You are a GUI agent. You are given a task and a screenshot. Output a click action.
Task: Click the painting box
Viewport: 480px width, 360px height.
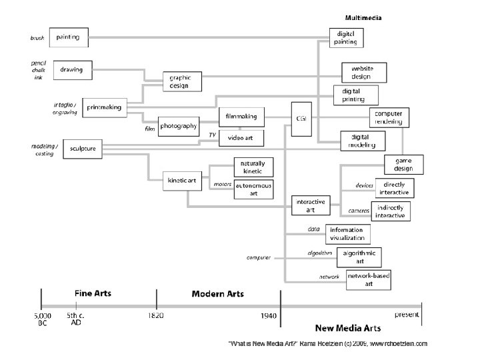pos(69,37)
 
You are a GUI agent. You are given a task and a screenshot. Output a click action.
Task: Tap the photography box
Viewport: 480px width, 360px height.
pos(179,126)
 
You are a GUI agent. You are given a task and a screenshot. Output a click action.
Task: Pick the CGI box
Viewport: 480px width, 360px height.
pos(301,118)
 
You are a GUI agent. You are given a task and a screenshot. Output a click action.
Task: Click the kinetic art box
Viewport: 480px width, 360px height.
pos(181,181)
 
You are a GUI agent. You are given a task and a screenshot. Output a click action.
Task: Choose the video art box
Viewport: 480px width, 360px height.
pos(241,138)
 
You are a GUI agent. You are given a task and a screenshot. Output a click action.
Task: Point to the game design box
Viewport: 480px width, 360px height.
pos(404,164)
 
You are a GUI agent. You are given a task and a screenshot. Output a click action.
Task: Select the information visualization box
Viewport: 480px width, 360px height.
pos(348,233)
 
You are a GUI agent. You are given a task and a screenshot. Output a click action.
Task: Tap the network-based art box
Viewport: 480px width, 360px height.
pos(369,280)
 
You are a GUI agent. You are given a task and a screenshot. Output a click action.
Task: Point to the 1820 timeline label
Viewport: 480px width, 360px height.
pos(156,315)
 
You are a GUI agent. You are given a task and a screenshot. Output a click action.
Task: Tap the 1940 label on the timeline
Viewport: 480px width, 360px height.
pos(269,315)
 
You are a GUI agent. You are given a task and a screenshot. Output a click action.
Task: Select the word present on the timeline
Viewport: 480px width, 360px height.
pos(407,313)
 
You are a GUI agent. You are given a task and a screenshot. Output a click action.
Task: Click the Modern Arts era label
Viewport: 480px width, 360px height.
pos(217,293)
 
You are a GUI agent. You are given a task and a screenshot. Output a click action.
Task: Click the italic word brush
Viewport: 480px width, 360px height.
pos(37,38)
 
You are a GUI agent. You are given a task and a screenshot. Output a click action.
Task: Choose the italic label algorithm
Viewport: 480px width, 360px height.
pos(320,253)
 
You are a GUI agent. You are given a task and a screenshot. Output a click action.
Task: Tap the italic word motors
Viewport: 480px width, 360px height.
pos(221,183)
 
